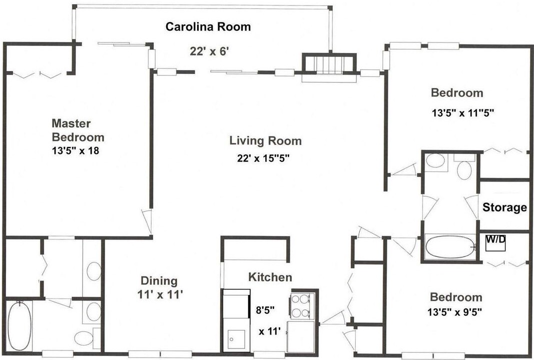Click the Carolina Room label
tap(208, 26)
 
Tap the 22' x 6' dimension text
tap(209, 51)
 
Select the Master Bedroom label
tap(78, 130)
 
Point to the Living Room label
tap(265, 140)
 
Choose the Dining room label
tap(159, 281)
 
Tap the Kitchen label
tap(270, 277)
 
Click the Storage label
tap(504, 207)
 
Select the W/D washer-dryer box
tap(495, 242)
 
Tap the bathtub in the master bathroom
tap(20, 326)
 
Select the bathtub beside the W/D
tap(450, 248)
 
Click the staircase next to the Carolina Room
tap(329, 63)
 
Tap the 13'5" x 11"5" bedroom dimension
tap(463, 112)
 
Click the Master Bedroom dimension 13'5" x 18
tap(75, 150)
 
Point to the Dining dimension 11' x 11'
tap(158, 294)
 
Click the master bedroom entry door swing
tap(147, 221)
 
